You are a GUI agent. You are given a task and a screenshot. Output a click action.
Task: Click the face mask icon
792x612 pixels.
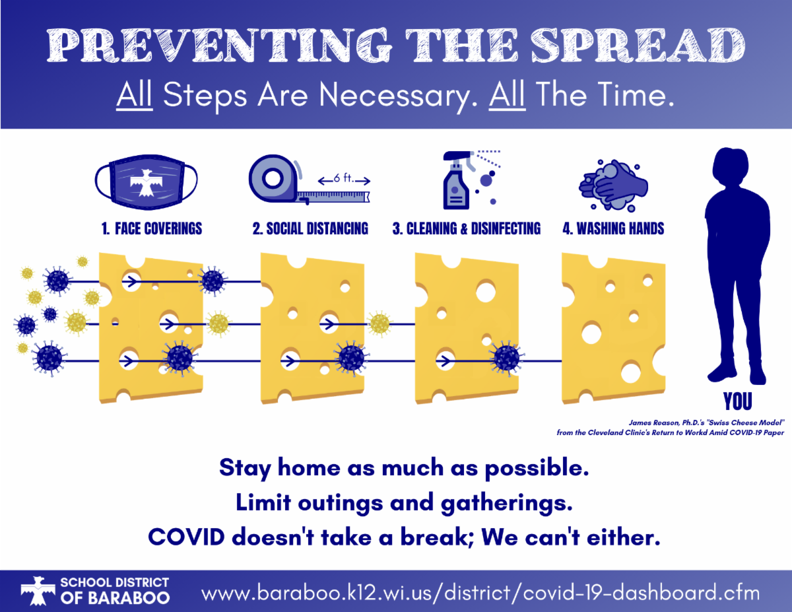[146, 182]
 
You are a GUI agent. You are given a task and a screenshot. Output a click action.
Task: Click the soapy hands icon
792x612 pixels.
[613, 186]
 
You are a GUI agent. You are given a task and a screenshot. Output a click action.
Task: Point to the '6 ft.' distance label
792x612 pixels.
[344, 178]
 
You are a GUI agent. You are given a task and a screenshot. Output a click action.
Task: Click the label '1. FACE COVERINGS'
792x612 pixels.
[152, 228]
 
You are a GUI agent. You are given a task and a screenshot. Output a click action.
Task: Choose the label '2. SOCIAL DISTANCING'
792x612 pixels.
[310, 228]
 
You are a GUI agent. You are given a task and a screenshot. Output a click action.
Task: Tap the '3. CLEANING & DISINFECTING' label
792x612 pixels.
[467, 228]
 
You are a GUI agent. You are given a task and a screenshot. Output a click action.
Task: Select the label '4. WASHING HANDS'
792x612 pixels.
[613, 228]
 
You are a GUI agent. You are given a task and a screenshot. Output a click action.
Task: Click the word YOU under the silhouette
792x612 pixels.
[738, 401]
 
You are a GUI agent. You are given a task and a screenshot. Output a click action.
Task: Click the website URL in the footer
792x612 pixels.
[480, 593]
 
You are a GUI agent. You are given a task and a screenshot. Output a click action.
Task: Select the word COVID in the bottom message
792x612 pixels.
[186, 537]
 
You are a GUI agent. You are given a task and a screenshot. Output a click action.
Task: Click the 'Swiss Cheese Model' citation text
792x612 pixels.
[706, 423]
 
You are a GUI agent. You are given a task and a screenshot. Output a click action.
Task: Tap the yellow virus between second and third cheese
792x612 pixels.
[379, 323]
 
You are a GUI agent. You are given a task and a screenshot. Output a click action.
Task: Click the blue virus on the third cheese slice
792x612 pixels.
[506, 358]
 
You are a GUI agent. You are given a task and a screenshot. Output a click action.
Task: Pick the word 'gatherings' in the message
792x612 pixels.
[507, 503]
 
